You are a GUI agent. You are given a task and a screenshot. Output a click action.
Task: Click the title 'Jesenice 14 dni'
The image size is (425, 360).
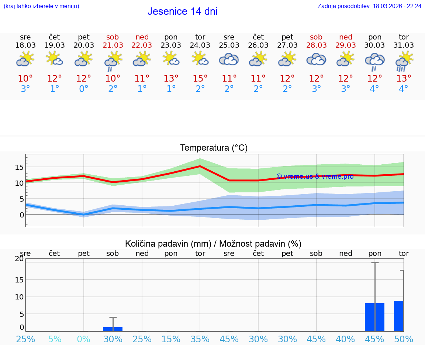(182, 11)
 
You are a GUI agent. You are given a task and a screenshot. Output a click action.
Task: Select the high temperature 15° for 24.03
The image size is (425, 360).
(200, 79)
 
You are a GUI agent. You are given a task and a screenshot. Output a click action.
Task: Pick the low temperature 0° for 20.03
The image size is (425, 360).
(84, 89)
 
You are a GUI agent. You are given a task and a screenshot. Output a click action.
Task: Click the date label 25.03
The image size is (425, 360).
(229, 45)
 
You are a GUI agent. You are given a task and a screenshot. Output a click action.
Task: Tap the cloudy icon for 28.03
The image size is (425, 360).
(316, 59)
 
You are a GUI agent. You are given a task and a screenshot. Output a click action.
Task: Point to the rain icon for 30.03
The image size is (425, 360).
(374, 61)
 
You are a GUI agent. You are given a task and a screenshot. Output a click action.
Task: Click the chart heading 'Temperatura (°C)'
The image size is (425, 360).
(214, 148)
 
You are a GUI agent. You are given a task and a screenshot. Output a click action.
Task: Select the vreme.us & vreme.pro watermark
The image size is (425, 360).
(315, 176)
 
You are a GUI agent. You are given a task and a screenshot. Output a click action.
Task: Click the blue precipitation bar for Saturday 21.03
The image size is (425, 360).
(113, 329)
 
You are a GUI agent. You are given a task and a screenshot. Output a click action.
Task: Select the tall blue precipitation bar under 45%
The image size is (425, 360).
(374, 317)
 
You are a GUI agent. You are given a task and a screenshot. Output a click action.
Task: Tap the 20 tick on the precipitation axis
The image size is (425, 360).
(19, 259)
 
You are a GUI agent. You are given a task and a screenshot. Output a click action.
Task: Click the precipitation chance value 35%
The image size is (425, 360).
(200, 339)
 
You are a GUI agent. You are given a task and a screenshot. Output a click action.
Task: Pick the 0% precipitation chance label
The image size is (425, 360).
(84, 339)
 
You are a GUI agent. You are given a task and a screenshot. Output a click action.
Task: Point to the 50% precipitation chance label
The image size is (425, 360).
(404, 339)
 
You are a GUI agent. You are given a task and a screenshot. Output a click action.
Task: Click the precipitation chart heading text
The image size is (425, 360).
(213, 244)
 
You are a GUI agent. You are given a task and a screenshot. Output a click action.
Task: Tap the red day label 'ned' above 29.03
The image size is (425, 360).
(346, 37)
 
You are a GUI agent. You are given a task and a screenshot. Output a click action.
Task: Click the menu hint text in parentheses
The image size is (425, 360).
(41, 6)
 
